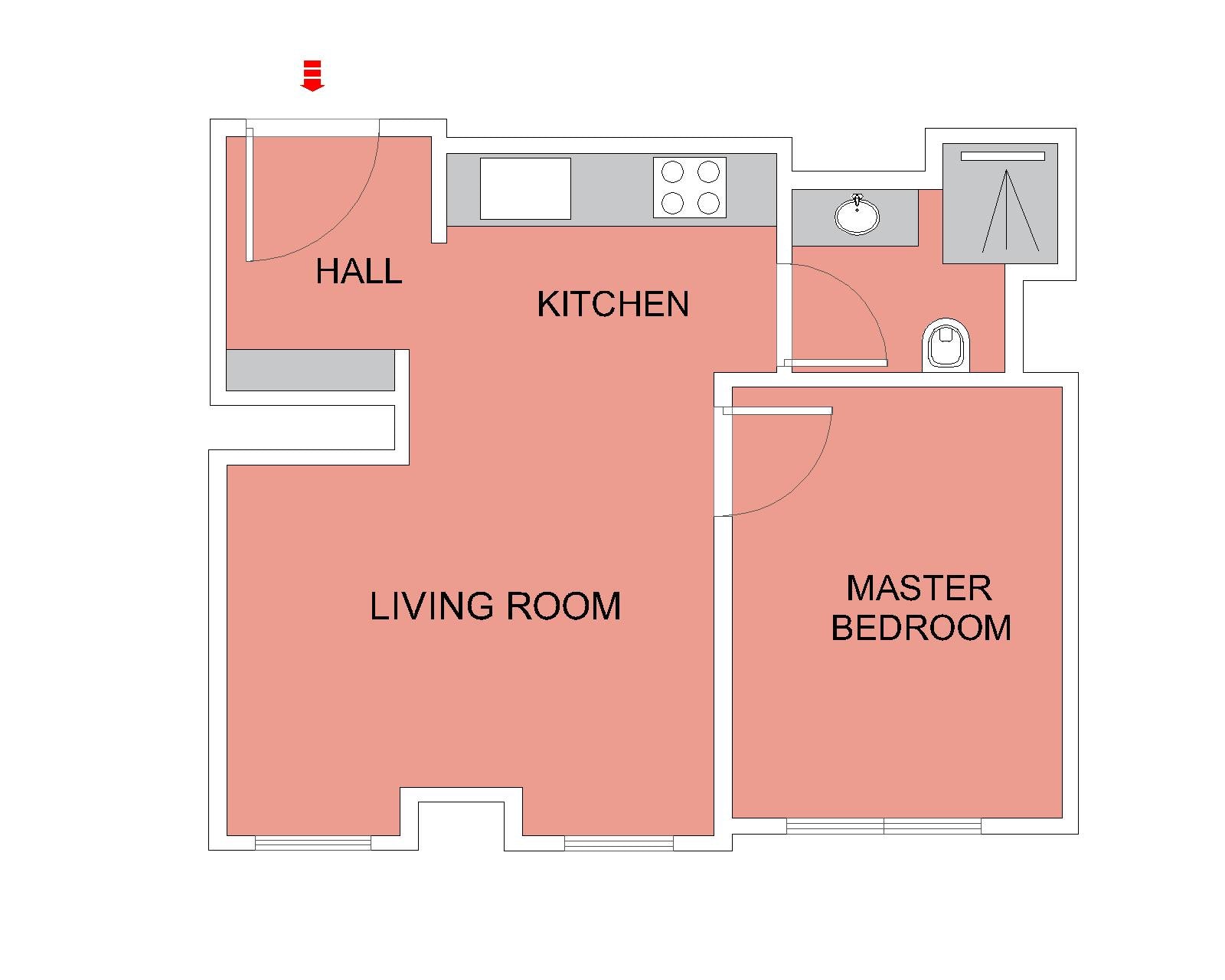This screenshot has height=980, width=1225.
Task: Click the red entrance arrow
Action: click(312, 75)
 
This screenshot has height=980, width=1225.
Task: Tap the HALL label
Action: click(358, 271)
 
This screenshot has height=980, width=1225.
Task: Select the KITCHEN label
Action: click(612, 303)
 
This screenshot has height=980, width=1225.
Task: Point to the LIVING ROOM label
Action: click(495, 606)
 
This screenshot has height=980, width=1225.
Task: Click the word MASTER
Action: click(919, 588)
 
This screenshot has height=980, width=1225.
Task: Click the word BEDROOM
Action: click(920, 628)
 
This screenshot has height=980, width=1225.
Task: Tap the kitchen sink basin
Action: click(525, 188)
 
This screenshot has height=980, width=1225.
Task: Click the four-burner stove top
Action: click(689, 188)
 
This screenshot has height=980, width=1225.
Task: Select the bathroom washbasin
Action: click(856, 215)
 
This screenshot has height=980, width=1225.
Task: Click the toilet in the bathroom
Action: click(945, 345)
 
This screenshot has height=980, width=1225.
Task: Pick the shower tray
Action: click(1000, 204)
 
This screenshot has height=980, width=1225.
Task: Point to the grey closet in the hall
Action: click(310, 370)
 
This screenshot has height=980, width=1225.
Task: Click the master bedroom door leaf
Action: click(778, 410)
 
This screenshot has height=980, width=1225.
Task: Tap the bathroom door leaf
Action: click(835, 363)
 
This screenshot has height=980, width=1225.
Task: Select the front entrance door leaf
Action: click(250, 194)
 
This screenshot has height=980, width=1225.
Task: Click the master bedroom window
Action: click(884, 825)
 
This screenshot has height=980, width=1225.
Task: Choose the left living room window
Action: click(313, 843)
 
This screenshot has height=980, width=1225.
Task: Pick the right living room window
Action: click(619, 843)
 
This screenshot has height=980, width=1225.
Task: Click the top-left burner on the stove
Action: click(672, 171)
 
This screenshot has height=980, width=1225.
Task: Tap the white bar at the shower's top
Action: click(1002, 156)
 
